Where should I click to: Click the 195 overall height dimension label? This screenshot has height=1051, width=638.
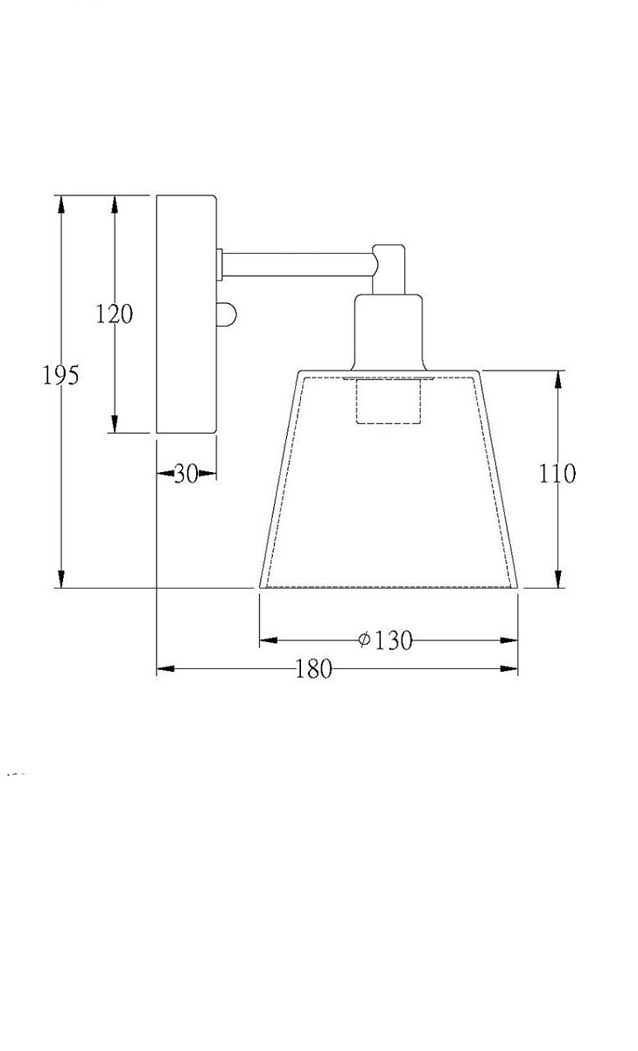click(x=60, y=375)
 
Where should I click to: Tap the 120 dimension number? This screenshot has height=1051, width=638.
click(x=115, y=314)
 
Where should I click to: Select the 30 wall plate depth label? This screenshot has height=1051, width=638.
click(x=186, y=474)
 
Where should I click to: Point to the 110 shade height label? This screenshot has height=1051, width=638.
click(x=557, y=474)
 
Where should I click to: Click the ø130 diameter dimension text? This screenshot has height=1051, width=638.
click(x=385, y=640)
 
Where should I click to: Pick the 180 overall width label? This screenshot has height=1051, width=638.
click(x=313, y=668)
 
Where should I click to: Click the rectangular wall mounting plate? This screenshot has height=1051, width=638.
click(x=186, y=314)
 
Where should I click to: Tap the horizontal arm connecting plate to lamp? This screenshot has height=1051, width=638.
click(x=298, y=265)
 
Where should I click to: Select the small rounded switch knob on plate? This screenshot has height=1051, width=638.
click(x=226, y=314)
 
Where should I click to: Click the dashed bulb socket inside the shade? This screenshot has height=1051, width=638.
click(x=389, y=401)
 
